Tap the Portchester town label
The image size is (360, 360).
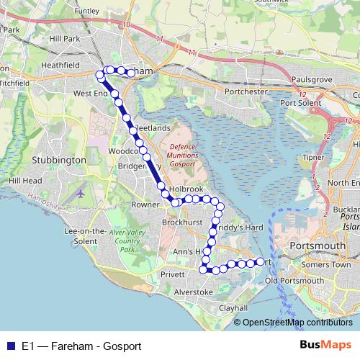(x=227, y=91)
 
